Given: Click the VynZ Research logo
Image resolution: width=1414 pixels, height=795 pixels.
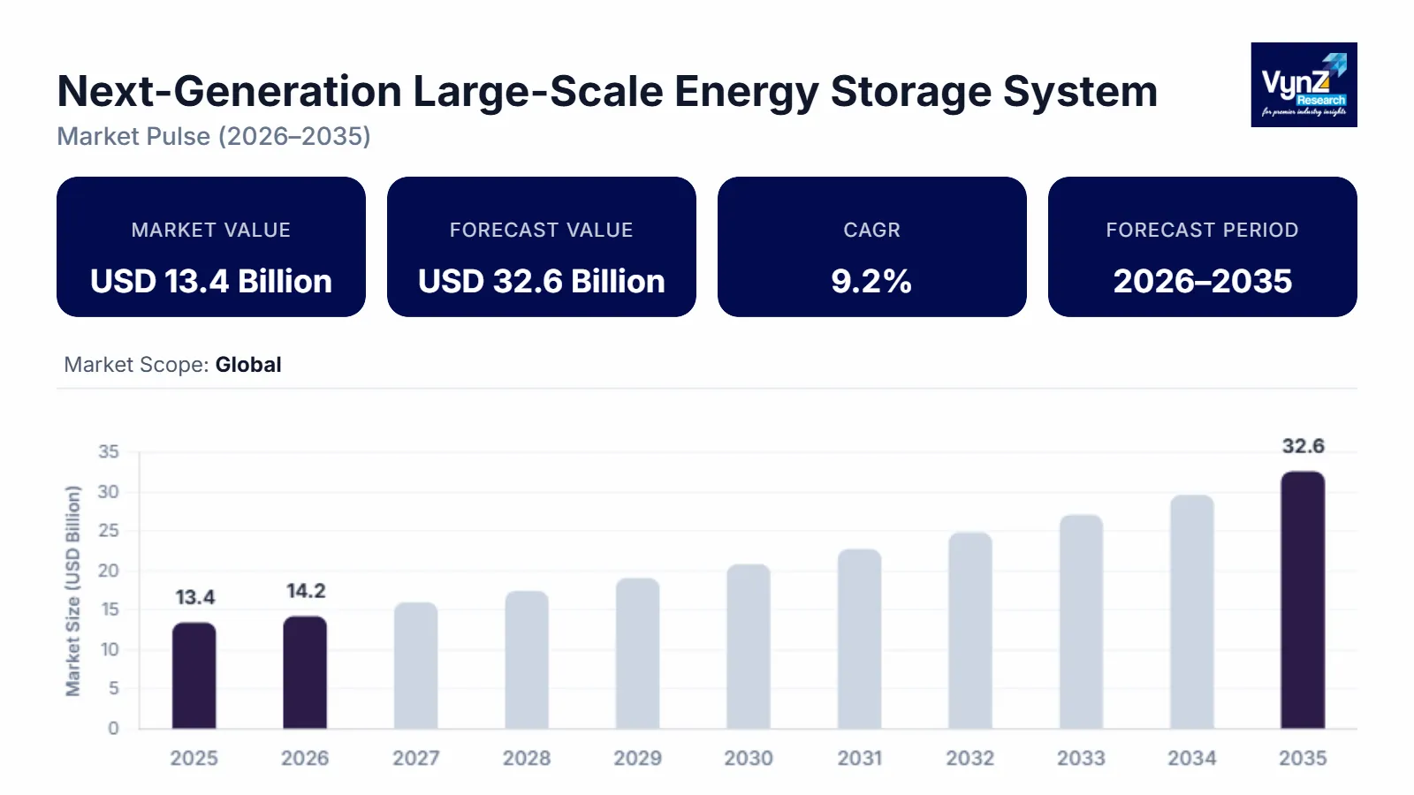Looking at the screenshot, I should point(1304,85).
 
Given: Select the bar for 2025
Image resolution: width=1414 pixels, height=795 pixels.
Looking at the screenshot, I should point(194,676).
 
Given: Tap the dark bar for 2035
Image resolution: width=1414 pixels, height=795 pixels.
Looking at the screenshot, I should point(1303,601).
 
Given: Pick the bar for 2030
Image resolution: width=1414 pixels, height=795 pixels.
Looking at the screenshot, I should point(749,647).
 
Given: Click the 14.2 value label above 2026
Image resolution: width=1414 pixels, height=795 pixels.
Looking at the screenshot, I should point(306,591).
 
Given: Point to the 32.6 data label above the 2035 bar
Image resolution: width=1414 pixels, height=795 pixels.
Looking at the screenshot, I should point(1303,446).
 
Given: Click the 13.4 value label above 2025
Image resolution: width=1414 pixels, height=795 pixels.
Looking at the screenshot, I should point(194,598).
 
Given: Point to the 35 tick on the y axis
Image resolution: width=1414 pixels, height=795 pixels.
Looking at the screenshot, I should point(108,452).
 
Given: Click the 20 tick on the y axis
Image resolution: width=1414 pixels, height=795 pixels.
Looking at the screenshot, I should point(108,571).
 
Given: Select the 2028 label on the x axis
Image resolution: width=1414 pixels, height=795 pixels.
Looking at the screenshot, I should point(527,758).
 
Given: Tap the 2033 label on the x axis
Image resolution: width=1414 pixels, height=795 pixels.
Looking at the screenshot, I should point(1081,758).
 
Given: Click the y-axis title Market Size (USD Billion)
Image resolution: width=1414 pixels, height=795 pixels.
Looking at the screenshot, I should point(72,590).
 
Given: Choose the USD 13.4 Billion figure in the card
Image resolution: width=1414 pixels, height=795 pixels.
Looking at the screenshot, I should point(211,281).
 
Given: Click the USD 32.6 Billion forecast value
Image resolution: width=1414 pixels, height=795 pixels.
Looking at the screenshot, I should point(541,281).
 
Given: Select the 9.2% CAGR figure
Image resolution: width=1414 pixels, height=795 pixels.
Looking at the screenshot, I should point(871,281).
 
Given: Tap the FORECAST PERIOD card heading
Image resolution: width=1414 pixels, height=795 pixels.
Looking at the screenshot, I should point(1202,230).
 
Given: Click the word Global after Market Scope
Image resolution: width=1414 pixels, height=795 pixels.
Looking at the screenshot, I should point(248,365).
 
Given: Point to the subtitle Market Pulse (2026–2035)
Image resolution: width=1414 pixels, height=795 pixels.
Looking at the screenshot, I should point(214,136).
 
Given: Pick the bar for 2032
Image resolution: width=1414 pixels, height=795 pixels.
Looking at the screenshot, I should point(970,631).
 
